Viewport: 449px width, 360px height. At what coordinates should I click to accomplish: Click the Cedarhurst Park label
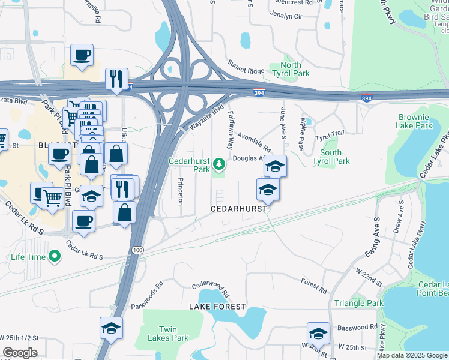(x=189, y=165)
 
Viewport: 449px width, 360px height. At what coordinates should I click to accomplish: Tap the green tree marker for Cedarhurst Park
(x=220, y=163)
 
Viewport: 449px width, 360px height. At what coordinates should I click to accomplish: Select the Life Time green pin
(x=55, y=257)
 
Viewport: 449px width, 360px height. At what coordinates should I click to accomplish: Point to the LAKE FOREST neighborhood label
(x=217, y=307)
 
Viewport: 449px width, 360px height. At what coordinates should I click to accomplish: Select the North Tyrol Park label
(x=291, y=69)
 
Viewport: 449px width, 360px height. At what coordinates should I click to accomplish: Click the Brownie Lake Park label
(x=414, y=122)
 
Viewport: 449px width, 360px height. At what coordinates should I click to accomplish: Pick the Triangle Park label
(x=359, y=304)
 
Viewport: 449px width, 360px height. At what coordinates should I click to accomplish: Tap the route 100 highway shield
(x=137, y=250)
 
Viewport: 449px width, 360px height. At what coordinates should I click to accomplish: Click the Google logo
(x=19, y=352)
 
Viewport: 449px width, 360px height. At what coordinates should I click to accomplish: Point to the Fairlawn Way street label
(x=229, y=131)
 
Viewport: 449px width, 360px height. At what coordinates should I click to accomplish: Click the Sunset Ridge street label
(x=246, y=67)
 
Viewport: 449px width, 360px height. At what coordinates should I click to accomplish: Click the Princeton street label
(x=180, y=190)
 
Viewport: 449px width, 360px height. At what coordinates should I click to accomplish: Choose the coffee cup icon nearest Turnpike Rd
(x=82, y=55)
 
